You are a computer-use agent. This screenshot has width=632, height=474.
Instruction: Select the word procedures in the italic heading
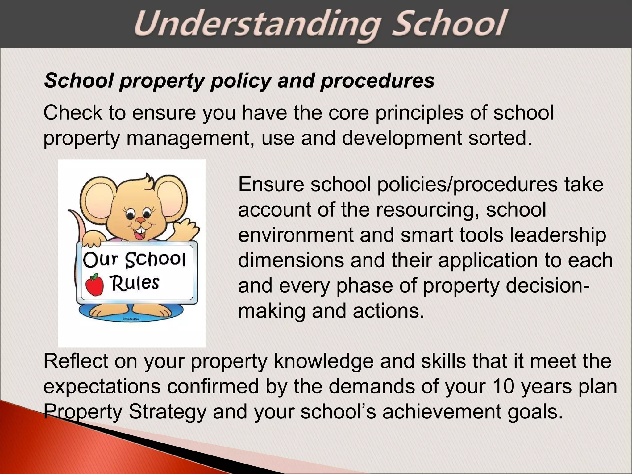(377, 81)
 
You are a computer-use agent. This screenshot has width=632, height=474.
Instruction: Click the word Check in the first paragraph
(73, 113)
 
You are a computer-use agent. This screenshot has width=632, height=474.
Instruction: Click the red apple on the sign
(94, 285)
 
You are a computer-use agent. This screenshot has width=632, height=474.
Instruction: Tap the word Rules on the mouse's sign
(135, 283)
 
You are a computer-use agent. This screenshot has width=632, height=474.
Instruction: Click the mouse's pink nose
(141, 220)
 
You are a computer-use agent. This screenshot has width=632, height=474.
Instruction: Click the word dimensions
(291, 260)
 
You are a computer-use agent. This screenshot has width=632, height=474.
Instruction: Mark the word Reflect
(76, 361)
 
